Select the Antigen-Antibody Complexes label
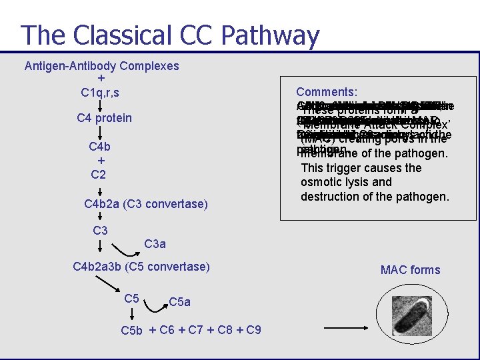(101, 66)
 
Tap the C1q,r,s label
(101, 91)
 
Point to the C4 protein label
(105, 118)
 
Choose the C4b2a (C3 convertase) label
(146, 204)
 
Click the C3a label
(155, 244)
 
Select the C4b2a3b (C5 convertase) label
(141, 267)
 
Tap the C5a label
(179, 302)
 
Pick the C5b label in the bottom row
(132, 331)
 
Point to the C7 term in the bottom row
(196, 330)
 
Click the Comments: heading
(327, 92)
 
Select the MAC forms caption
(410, 270)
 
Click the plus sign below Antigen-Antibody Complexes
(101, 78)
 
